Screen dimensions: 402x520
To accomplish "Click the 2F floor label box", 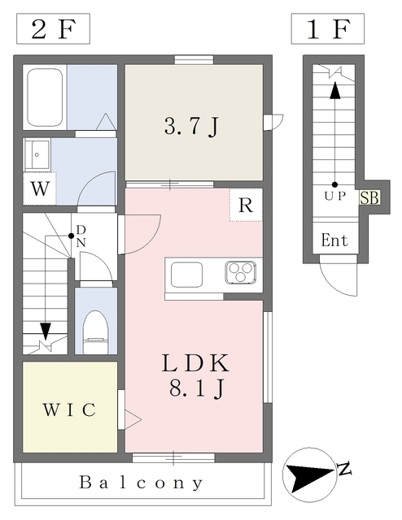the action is point(53,29).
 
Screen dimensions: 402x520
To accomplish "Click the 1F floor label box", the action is point(328,29).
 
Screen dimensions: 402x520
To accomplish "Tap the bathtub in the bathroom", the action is point(45,97).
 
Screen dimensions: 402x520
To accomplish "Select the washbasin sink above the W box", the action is point(37,154).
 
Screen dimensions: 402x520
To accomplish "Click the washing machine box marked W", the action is point(40,188).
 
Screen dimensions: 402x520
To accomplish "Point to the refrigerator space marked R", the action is point(246,205).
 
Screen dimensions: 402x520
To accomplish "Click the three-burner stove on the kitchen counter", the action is point(241,273).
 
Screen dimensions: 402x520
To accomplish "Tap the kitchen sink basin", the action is point(186,275).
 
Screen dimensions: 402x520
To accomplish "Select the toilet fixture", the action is point(96,332).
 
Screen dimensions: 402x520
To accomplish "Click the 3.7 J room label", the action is point(192,127).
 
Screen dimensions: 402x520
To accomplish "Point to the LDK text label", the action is point(195,363).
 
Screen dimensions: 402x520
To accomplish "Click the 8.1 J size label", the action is point(195,388).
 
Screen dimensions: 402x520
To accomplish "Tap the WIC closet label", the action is point(69,409).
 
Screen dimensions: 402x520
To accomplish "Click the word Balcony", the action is point(141,483).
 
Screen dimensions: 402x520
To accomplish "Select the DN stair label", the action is point(81,236).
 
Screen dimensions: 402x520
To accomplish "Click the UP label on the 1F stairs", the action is point(335,197).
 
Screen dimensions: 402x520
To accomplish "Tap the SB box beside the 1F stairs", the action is point(369,198).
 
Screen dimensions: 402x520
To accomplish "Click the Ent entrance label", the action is point(334,240).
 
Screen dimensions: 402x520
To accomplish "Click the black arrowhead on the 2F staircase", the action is point(46,331).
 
